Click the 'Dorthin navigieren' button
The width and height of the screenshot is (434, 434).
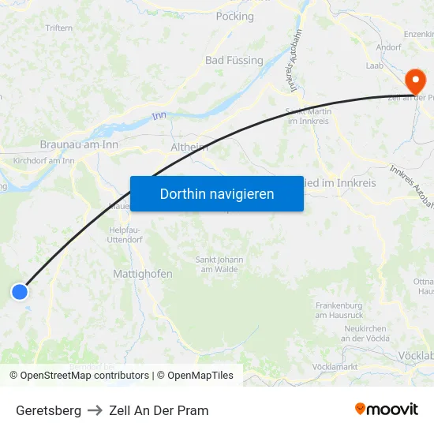pyautogui.click(x=217, y=193)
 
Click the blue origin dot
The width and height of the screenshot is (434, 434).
pyautogui.click(x=20, y=292)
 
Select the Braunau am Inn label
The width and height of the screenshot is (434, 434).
pyautogui.click(x=79, y=145)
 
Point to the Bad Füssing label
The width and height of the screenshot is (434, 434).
pyautogui.click(x=234, y=60)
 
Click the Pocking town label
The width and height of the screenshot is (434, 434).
pyautogui.click(x=234, y=16)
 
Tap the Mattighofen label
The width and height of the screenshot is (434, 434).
pyautogui.click(x=138, y=274)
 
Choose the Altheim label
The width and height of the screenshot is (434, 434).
pyautogui.click(x=189, y=147)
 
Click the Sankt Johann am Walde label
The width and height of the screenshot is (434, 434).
pyautogui.click(x=219, y=264)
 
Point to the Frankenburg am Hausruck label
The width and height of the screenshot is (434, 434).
pyautogui.click(x=339, y=309)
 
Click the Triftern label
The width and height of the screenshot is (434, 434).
pyautogui.click(x=59, y=28)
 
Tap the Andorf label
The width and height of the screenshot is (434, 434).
pyautogui.click(x=388, y=47)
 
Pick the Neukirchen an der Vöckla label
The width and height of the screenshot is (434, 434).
pyautogui.click(x=365, y=333)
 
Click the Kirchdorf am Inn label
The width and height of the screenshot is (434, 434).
pyautogui.click(x=43, y=161)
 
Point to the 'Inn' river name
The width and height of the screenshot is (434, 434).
pyautogui.click(x=159, y=116)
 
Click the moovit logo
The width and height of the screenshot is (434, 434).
pyautogui.click(x=386, y=410)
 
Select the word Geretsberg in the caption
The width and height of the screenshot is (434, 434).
pyautogui.click(x=48, y=410)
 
